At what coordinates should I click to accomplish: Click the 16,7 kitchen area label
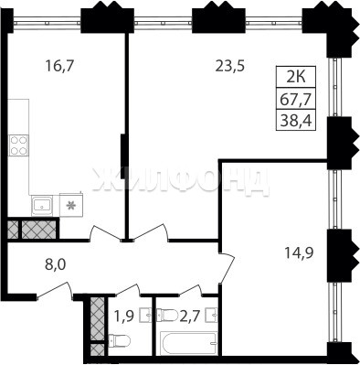click(x=59, y=66)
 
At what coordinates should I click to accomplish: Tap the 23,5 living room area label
click(x=230, y=66)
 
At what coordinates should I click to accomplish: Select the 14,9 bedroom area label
click(x=300, y=252)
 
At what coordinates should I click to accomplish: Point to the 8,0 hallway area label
click(x=55, y=264)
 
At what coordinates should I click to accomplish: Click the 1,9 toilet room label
click(x=124, y=317)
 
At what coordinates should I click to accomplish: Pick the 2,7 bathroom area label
click(x=190, y=317)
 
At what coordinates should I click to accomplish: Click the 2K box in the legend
click(x=296, y=77)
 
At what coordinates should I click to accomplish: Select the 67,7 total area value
click(x=296, y=99)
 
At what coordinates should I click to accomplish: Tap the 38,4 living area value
click(x=296, y=121)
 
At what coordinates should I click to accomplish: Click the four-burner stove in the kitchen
click(x=19, y=145)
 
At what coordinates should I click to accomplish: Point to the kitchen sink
click(x=42, y=205)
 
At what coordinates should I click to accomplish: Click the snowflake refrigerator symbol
click(x=71, y=205)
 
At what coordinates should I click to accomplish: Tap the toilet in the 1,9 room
click(x=119, y=339)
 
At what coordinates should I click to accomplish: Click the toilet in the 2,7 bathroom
click(x=167, y=315)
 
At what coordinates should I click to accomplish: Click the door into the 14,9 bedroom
click(x=227, y=268)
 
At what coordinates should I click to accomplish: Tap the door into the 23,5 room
click(x=149, y=232)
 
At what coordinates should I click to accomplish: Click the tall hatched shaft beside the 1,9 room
click(x=98, y=318)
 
